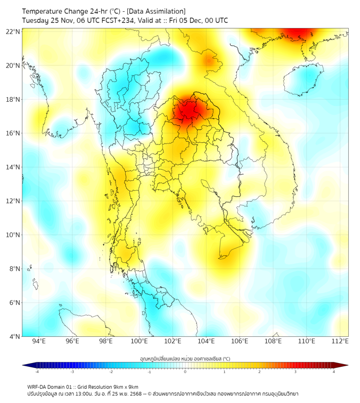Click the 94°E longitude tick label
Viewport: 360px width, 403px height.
(39, 341)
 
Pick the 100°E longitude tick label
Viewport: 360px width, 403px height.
(140, 341)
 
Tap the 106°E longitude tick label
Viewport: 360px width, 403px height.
(240, 341)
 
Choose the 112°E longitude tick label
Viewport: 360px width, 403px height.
(341, 341)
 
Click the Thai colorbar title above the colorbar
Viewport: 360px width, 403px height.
(185, 358)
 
